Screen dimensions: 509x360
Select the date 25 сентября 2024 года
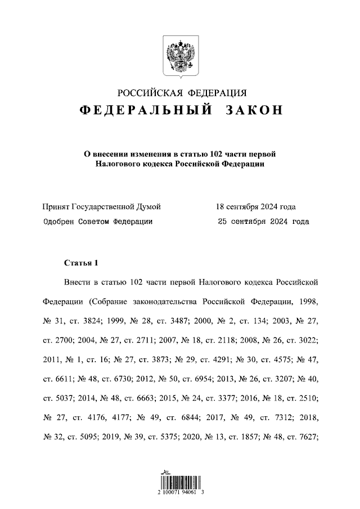pyautogui.click(x=263, y=222)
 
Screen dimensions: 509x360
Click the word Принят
pyautogui.click(x=57, y=206)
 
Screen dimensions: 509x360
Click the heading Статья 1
pyautogui.click(x=82, y=263)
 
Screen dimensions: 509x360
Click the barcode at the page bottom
pyautogui.click(x=179, y=482)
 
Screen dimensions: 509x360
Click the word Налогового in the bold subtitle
pyautogui.click(x=118, y=164)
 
